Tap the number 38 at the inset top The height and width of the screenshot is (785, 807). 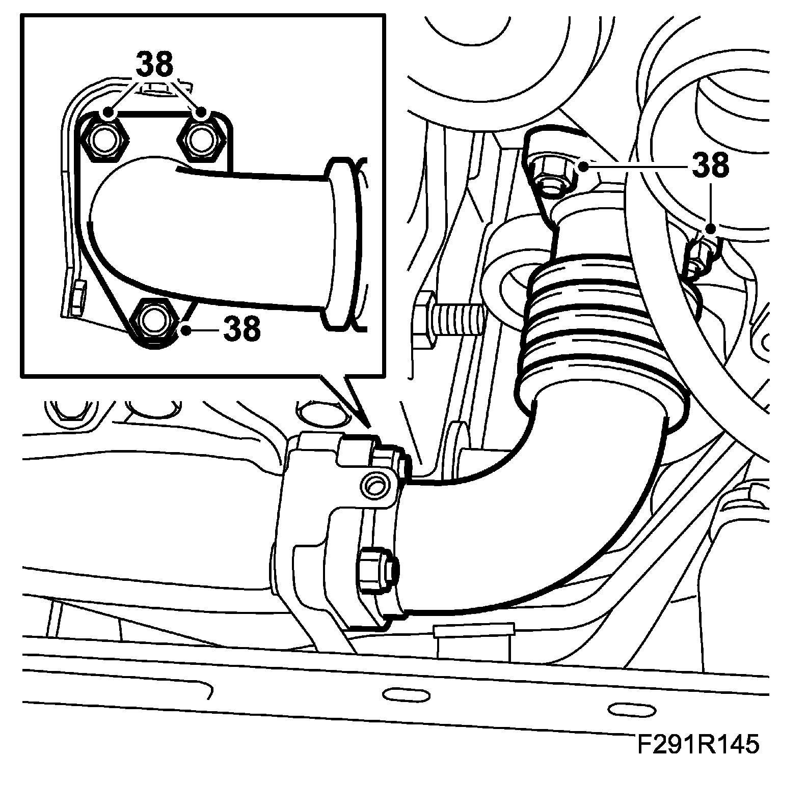pos(154,65)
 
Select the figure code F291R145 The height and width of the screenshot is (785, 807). pos(698,744)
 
